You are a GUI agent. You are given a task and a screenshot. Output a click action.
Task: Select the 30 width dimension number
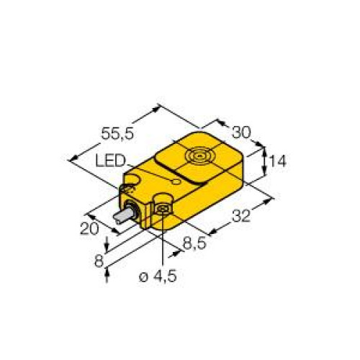[x=241, y=132]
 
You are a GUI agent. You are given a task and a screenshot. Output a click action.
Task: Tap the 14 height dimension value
[x=277, y=162]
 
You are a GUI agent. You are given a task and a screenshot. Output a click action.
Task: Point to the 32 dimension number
[x=247, y=215]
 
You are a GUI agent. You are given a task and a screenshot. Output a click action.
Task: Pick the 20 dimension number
[x=88, y=228]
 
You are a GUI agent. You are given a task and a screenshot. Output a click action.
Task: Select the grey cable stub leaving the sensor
[x=117, y=220]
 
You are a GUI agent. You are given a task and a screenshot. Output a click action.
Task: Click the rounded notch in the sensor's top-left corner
[x=132, y=176]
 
